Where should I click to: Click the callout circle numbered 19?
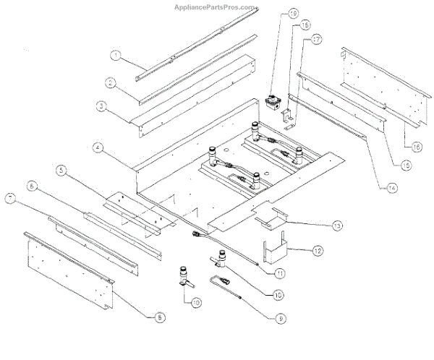pyautogui.click(x=273, y=14)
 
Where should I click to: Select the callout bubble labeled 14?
pyautogui.click(x=391, y=187)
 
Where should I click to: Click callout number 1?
pyautogui.click(x=114, y=54)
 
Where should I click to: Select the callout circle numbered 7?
pyautogui.click(x=10, y=197)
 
